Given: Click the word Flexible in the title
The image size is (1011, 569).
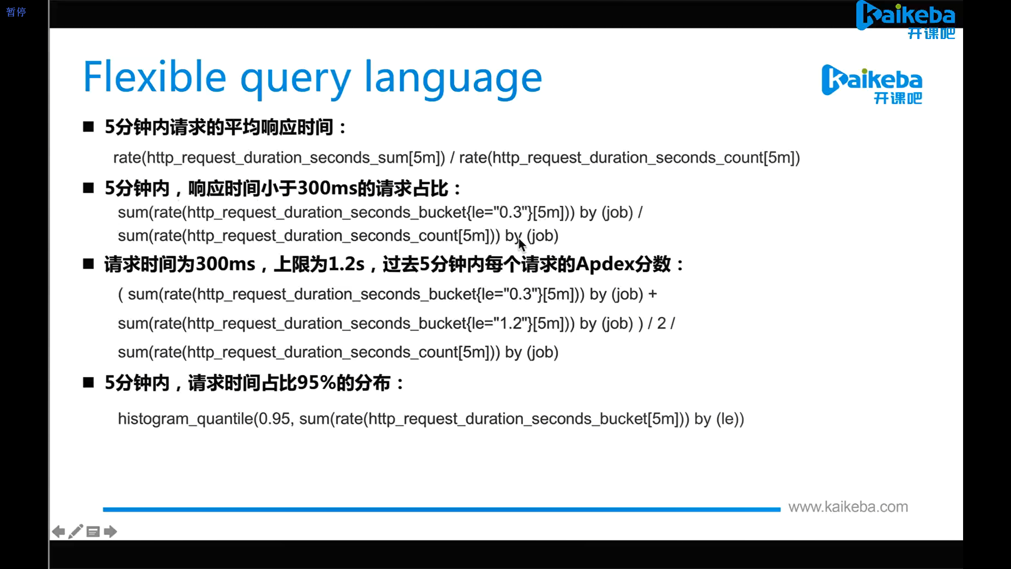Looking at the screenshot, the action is tap(155, 77).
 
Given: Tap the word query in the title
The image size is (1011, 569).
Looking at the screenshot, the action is tap(295, 79).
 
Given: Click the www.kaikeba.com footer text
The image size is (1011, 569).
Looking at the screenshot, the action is tap(848, 507).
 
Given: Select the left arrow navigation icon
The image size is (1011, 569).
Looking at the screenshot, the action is tap(58, 532).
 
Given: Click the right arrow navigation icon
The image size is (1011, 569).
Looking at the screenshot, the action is tap(111, 532).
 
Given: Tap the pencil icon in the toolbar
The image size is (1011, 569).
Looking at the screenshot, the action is tap(76, 532).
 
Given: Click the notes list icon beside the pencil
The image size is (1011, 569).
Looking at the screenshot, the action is tap(93, 532).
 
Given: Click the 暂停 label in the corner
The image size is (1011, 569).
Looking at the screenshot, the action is tap(16, 12).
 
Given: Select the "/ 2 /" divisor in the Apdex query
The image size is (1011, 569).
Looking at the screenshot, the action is tap(661, 323).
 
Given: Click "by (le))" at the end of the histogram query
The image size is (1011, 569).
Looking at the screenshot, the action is tap(719, 419).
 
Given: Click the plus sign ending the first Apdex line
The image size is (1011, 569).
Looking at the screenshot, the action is tap(652, 294).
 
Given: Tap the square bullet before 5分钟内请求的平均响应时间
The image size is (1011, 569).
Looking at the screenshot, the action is tap(88, 127).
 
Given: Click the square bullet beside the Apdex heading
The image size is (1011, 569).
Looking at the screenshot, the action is tap(88, 264).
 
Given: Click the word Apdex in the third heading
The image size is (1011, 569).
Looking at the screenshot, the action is tap(604, 264).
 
